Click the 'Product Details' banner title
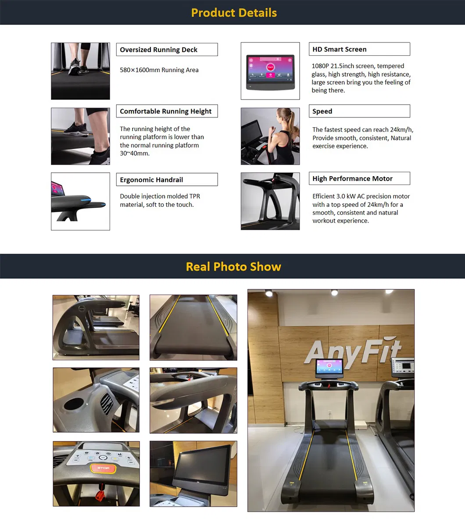pyautogui.click(x=234, y=13)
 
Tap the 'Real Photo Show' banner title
pyautogui.click(x=233, y=266)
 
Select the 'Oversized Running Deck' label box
pyautogui.click(x=167, y=50)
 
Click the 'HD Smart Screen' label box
pyautogui.click(x=359, y=49)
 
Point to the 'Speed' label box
pyautogui.click(x=359, y=111)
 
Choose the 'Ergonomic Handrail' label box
pyautogui.click(x=167, y=180)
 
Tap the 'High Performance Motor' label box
pyautogui.click(x=359, y=178)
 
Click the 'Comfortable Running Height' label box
pyautogui.click(x=167, y=111)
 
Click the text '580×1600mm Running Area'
pyautogui.click(x=159, y=70)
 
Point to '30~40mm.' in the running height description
pyautogui.click(x=135, y=153)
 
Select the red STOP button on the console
pyautogui.click(x=103, y=469)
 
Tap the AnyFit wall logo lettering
pyautogui.click(x=353, y=351)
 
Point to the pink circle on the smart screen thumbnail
pyautogui.click(x=270, y=67)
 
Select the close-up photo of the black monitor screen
pyautogui.click(x=193, y=473)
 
